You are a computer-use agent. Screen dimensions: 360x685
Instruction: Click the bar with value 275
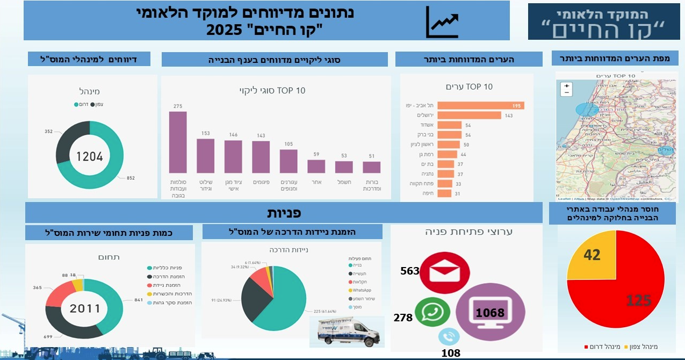coord(178,142)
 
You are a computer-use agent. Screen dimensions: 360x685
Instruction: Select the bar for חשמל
coord(344,167)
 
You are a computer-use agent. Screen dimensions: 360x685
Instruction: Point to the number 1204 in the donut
coord(89,156)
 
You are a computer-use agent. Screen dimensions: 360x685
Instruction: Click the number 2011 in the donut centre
coord(85,308)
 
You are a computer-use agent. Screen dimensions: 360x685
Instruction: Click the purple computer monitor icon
coord(489,312)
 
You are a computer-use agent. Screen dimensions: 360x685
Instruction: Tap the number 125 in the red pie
coord(639,300)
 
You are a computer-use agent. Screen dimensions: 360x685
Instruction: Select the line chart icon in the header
coord(442,23)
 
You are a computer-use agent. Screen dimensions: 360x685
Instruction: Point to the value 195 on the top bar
coord(517,105)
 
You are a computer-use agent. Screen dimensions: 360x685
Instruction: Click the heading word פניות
coord(284,213)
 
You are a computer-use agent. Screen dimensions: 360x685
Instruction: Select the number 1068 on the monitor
coord(489,313)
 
